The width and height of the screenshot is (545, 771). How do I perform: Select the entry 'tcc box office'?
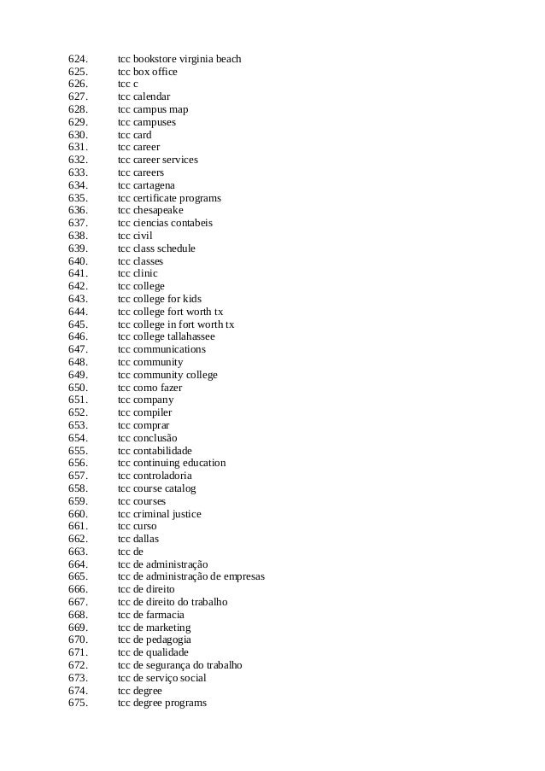click(x=148, y=72)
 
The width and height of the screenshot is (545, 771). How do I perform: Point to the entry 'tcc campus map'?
click(x=153, y=109)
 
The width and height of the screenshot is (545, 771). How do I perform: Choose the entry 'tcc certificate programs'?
click(x=169, y=198)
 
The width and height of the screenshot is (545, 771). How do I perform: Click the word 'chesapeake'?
click(x=158, y=210)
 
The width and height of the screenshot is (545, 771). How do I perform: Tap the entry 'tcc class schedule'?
click(x=156, y=248)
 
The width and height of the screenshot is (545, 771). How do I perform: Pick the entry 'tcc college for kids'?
click(x=160, y=299)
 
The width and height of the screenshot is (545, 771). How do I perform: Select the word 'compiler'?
click(x=152, y=412)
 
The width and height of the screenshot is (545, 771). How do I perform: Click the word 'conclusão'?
click(x=155, y=438)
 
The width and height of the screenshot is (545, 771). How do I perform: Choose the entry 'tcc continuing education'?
click(x=172, y=463)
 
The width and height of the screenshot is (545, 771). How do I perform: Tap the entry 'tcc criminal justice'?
click(x=160, y=514)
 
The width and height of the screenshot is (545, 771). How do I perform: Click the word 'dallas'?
click(x=146, y=539)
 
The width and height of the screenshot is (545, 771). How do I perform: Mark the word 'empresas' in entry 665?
click(x=243, y=577)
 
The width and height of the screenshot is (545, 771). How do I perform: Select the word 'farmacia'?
click(x=165, y=615)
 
